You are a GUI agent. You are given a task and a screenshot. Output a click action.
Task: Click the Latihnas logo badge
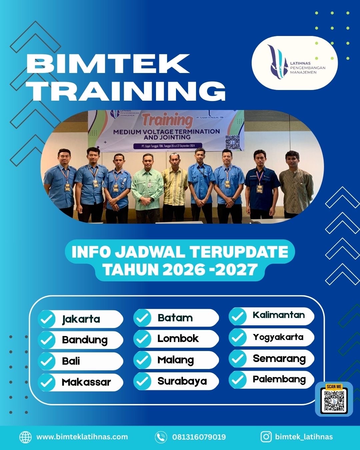pos(295,63)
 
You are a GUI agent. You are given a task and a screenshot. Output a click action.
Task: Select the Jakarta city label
pos(81,319)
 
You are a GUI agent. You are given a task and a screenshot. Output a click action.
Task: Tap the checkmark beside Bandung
pos(47,340)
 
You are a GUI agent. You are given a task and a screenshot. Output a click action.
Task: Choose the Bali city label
pos(71,361)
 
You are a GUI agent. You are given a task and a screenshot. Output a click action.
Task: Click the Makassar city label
pos(86,382)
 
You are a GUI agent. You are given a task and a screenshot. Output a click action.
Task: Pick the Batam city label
pos(175,318)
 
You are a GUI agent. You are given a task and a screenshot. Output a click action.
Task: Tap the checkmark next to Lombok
pos(142,339)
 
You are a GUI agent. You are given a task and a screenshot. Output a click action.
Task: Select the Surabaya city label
pos(182,381)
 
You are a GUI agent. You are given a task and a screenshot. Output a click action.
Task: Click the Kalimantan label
pos(279,315)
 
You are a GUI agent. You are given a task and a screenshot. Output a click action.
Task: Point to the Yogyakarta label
pos(278,337)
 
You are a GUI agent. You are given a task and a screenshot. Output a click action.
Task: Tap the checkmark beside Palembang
pos(238,380)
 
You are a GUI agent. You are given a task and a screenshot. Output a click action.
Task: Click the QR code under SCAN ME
pos(334,401)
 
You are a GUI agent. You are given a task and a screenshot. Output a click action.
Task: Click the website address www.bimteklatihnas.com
pos(82,437)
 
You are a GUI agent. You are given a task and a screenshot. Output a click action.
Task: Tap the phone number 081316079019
pos(199,437)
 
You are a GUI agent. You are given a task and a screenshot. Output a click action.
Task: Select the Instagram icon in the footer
pos(266,437)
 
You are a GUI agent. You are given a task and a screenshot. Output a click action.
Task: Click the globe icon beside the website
pos(25,437)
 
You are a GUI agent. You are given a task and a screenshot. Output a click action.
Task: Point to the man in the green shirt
pos(147,187)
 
